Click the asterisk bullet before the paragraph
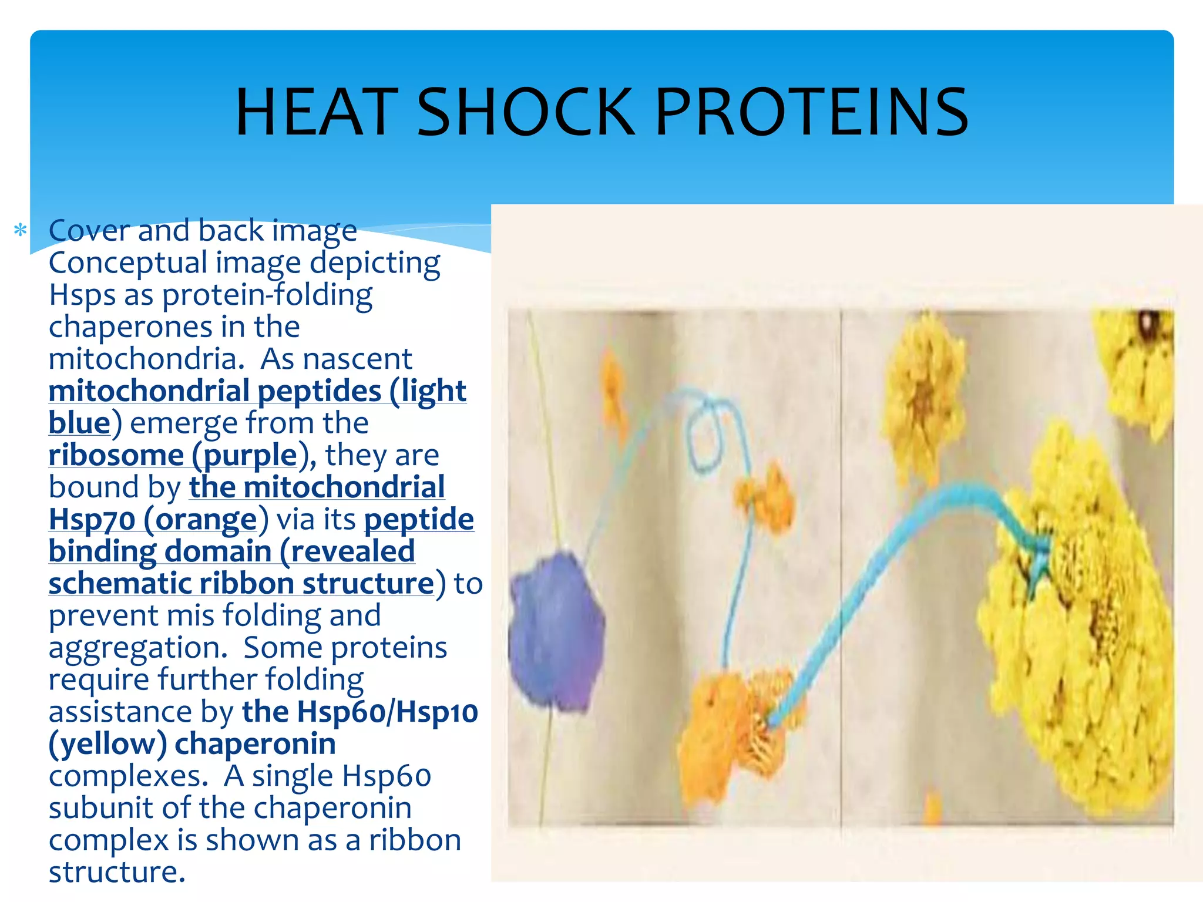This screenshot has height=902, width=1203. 21,230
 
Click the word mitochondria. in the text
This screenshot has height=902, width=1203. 146,359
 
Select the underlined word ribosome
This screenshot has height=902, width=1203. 116,455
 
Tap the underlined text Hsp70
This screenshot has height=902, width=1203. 92,519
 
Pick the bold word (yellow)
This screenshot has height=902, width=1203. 108,744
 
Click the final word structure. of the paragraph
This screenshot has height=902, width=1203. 117,872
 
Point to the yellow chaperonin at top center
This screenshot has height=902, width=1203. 922,382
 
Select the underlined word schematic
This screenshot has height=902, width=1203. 120,584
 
